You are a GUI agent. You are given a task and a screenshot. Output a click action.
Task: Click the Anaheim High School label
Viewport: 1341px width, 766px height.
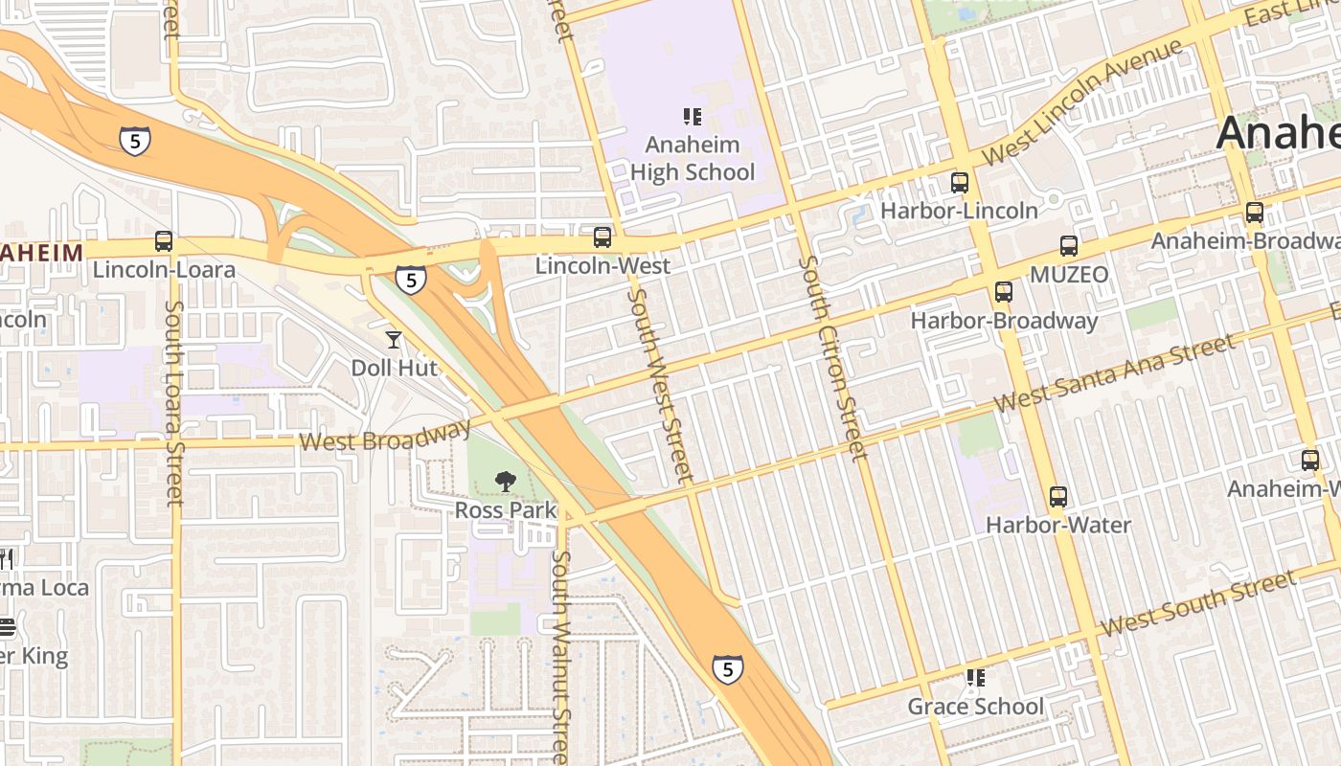pyautogui.click(x=693, y=159)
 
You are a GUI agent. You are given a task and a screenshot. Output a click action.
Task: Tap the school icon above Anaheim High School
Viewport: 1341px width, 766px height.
pyautogui.click(x=693, y=117)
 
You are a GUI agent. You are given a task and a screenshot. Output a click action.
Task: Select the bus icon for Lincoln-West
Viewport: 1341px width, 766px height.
pyautogui.click(x=602, y=237)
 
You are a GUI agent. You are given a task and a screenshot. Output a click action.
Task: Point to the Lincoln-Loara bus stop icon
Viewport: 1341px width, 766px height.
pyautogui.click(x=164, y=241)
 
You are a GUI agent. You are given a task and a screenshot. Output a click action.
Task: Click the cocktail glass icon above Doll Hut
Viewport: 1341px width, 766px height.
pyautogui.click(x=393, y=339)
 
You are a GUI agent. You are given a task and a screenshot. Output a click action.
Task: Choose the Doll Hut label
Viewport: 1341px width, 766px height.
pyautogui.click(x=394, y=368)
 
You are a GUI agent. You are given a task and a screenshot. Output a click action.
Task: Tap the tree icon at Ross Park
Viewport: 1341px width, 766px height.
pyautogui.click(x=505, y=482)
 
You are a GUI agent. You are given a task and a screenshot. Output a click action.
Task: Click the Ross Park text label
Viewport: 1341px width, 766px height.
pyautogui.click(x=505, y=510)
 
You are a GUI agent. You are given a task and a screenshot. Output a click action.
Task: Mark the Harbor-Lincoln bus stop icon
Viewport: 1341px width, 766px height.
pyautogui.click(x=960, y=182)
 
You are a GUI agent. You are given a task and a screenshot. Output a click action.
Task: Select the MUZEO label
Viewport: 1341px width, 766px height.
pyautogui.click(x=1069, y=275)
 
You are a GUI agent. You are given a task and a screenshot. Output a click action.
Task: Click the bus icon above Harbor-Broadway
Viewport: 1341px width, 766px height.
pyautogui.click(x=1004, y=292)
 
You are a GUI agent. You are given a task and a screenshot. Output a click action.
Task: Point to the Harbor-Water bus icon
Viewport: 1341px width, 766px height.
pyautogui.click(x=1058, y=497)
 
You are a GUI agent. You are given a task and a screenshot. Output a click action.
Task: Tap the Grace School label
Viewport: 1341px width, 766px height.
pyautogui.click(x=975, y=707)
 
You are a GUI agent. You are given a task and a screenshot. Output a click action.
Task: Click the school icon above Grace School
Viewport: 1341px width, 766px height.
pyautogui.click(x=975, y=678)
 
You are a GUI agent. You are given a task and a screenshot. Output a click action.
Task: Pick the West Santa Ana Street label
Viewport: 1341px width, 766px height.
pyautogui.click(x=1114, y=373)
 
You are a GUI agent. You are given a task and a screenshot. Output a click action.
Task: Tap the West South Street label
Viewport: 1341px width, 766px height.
pyautogui.click(x=1197, y=602)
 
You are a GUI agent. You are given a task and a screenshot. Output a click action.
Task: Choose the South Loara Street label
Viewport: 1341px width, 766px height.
pyautogui.click(x=174, y=403)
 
